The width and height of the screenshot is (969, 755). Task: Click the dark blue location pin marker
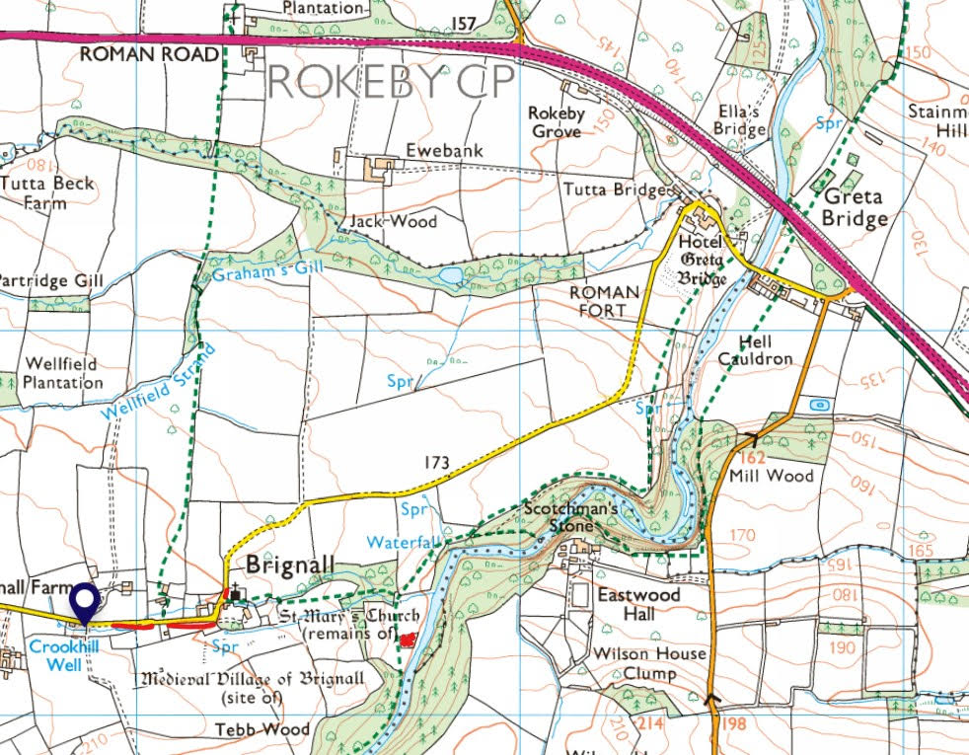click(85, 603)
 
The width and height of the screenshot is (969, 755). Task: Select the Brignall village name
click(290, 566)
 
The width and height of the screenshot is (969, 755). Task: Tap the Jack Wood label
click(393, 221)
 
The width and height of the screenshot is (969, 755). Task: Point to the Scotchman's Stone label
click(571, 517)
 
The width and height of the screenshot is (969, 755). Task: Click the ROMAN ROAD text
click(148, 54)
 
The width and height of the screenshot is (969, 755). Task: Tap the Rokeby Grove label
click(557, 121)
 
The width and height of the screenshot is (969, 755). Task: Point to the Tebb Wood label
click(262, 730)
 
